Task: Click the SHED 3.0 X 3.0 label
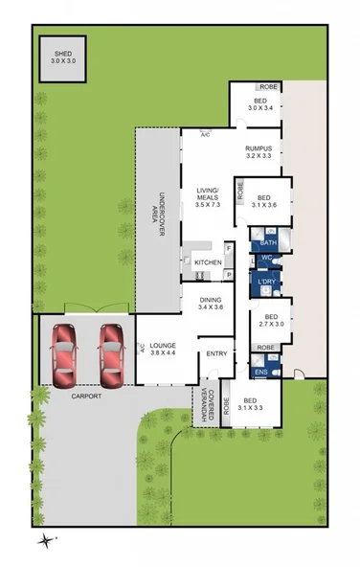click(x=61, y=57)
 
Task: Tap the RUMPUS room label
click(x=259, y=151)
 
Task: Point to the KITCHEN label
click(x=208, y=262)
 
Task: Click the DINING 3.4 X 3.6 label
click(x=210, y=303)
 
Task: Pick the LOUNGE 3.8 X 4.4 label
click(x=162, y=349)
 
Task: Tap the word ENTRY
click(x=216, y=354)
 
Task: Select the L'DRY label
click(x=267, y=283)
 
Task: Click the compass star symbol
click(x=45, y=542)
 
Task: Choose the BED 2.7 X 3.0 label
click(x=271, y=321)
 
